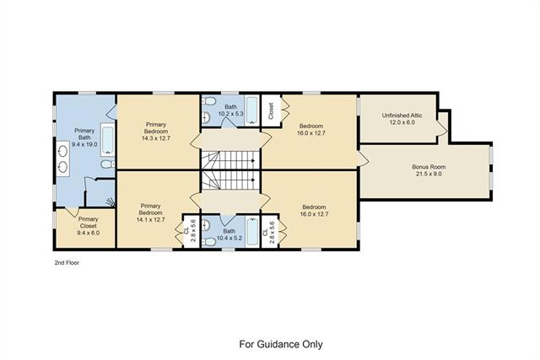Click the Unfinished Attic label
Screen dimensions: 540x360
(402, 116)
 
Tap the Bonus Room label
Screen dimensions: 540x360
(429, 167)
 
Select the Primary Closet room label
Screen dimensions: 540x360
(88, 223)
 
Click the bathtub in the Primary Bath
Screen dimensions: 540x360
(108, 140)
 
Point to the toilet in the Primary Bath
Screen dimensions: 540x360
(107, 164)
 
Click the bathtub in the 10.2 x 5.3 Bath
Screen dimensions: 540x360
(252, 110)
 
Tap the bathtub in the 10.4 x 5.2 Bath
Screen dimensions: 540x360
(252, 232)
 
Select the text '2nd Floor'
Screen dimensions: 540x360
(67, 262)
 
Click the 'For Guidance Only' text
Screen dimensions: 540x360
(281, 344)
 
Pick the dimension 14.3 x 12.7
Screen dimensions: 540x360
(156, 138)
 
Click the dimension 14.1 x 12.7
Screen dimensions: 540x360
(151, 219)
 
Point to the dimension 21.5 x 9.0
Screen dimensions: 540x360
(429, 174)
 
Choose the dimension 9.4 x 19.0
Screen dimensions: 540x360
(84, 144)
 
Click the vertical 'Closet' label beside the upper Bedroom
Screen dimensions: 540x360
(271, 110)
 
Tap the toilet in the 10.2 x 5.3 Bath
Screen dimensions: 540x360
(208, 101)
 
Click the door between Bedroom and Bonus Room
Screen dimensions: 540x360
(364, 159)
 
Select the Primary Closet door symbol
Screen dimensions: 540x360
(73, 212)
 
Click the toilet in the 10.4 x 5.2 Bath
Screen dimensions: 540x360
(208, 242)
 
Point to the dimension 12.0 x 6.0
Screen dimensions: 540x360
(402, 122)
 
